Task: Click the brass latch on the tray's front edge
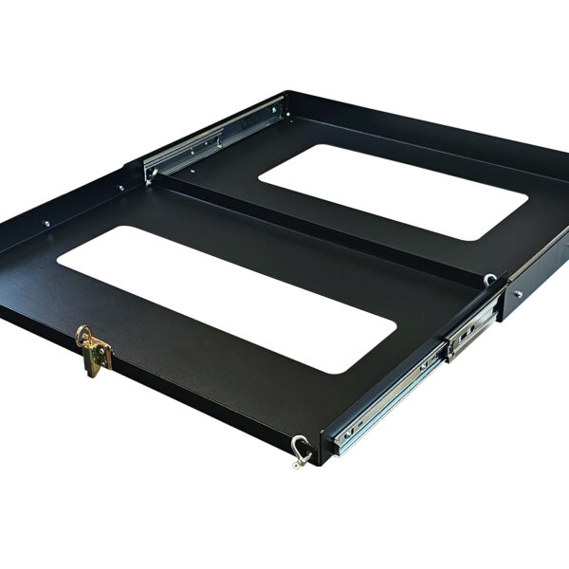coord(95,353)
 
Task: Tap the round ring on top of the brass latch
coord(84,334)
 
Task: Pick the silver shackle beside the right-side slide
coord(489,280)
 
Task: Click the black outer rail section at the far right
coord(536,284)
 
